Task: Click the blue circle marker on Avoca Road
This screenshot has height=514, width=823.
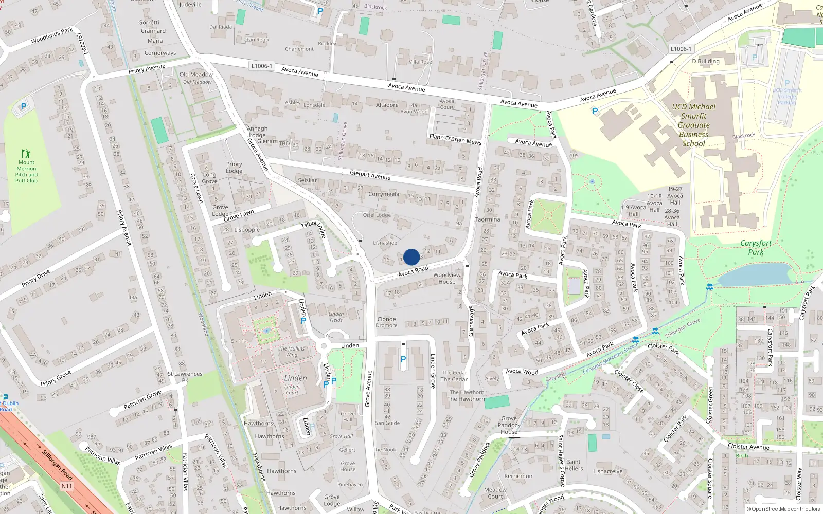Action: click(411, 257)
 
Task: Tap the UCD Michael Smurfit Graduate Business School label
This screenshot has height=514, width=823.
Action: click(693, 125)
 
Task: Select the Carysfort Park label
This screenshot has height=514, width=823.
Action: click(756, 247)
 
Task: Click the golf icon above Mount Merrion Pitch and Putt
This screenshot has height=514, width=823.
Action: click(26, 154)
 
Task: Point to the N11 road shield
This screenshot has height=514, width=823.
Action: click(67, 486)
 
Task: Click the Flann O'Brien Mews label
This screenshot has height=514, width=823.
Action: click(455, 139)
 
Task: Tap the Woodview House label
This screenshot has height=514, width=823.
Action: click(446, 278)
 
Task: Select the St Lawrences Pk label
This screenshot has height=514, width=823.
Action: click(185, 377)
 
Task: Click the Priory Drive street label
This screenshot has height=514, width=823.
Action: click(36, 278)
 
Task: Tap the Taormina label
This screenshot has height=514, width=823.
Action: click(488, 219)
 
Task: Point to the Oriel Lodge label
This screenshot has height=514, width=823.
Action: click(377, 215)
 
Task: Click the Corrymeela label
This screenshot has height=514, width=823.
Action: click(384, 194)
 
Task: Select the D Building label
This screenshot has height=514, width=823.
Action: click(706, 61)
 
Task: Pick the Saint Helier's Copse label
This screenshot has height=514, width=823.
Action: click(561, 460)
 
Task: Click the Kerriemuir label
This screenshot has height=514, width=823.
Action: click(518, 476)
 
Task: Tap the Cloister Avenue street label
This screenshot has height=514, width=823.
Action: click(748, 447)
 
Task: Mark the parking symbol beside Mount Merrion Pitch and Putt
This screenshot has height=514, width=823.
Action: click(23, 107)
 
